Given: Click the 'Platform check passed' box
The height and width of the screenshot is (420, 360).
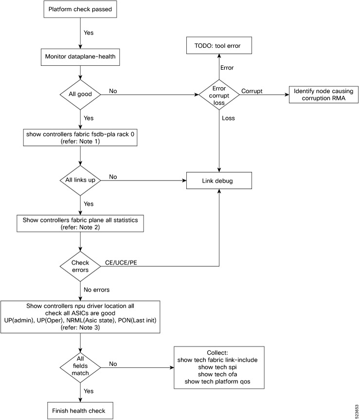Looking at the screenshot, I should click(80, 9).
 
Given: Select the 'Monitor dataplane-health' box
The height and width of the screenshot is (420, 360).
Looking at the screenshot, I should click(80, 55).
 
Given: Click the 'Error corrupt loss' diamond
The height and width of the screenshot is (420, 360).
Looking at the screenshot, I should click(218, 91).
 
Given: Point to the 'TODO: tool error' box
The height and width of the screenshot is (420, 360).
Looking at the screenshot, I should click(218, 46).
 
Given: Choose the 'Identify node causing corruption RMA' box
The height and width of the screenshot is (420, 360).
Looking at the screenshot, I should click(323, 95).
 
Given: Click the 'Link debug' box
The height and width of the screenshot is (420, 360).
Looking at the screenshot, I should click(218, 181).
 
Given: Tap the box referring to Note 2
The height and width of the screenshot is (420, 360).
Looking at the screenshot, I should click(80, 223).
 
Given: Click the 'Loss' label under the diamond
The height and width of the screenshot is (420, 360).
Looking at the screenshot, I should click(229, 117).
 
